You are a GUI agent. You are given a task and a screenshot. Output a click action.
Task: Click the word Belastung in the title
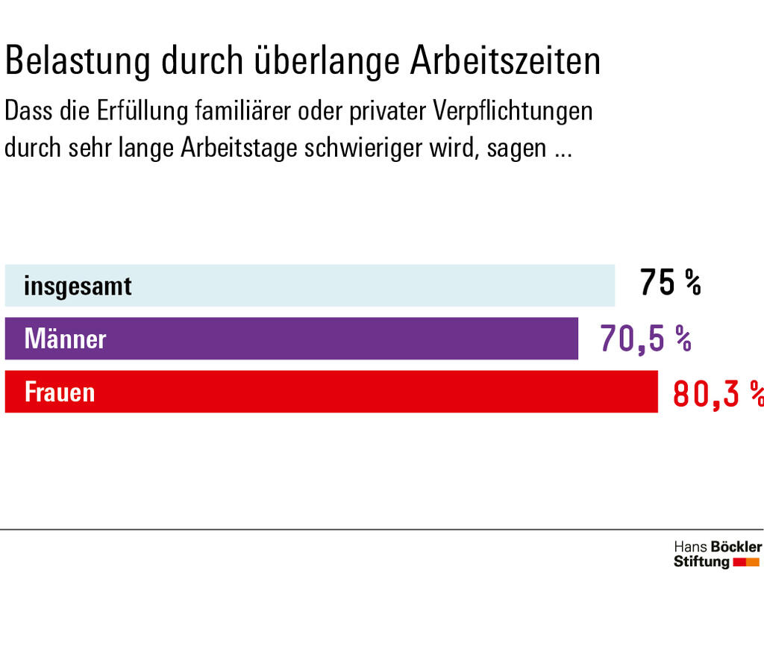point(78,61)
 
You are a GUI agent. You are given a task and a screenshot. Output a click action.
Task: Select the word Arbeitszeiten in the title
point(505,61)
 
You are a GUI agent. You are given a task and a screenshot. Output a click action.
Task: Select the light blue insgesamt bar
point(373,285)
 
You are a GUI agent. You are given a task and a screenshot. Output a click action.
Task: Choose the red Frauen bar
point(373,392)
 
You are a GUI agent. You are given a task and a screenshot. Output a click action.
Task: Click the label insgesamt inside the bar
point(78,286)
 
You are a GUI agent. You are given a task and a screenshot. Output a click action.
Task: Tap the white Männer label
point(65,339)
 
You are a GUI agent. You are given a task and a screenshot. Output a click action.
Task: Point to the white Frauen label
point(60,392)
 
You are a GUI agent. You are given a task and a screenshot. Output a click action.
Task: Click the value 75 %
point(670,284)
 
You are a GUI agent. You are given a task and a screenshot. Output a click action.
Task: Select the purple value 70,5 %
point(645,338)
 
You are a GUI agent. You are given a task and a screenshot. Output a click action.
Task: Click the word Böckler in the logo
point(736,547)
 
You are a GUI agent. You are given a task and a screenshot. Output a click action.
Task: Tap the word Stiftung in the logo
point(701,562)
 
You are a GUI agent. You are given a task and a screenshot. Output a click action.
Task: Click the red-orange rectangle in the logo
point(747,562)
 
